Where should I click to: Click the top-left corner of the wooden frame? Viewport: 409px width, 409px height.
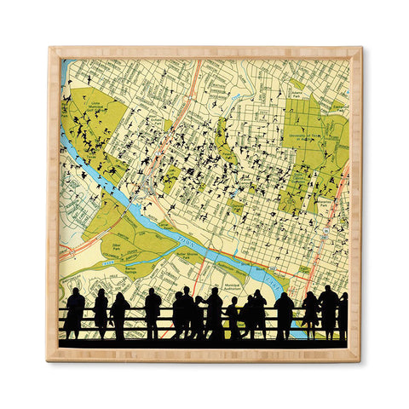pos(49,49)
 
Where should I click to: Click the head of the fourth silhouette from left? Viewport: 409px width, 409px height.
pos(153,294)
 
